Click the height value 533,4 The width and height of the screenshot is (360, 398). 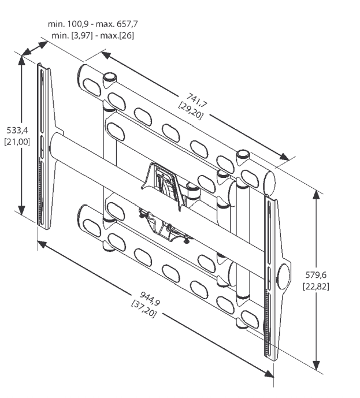(x=17, y=131)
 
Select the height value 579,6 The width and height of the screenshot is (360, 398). (x=316, y=275)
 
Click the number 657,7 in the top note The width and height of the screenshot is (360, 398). (x=127, y=24)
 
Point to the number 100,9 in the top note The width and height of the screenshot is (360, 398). (x=77, y=24)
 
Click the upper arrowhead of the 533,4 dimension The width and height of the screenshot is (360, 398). (x=21, y=61)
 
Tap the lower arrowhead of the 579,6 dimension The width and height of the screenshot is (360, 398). (x=316, y=364)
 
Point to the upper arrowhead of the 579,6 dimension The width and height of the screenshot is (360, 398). (x=316, y=195)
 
